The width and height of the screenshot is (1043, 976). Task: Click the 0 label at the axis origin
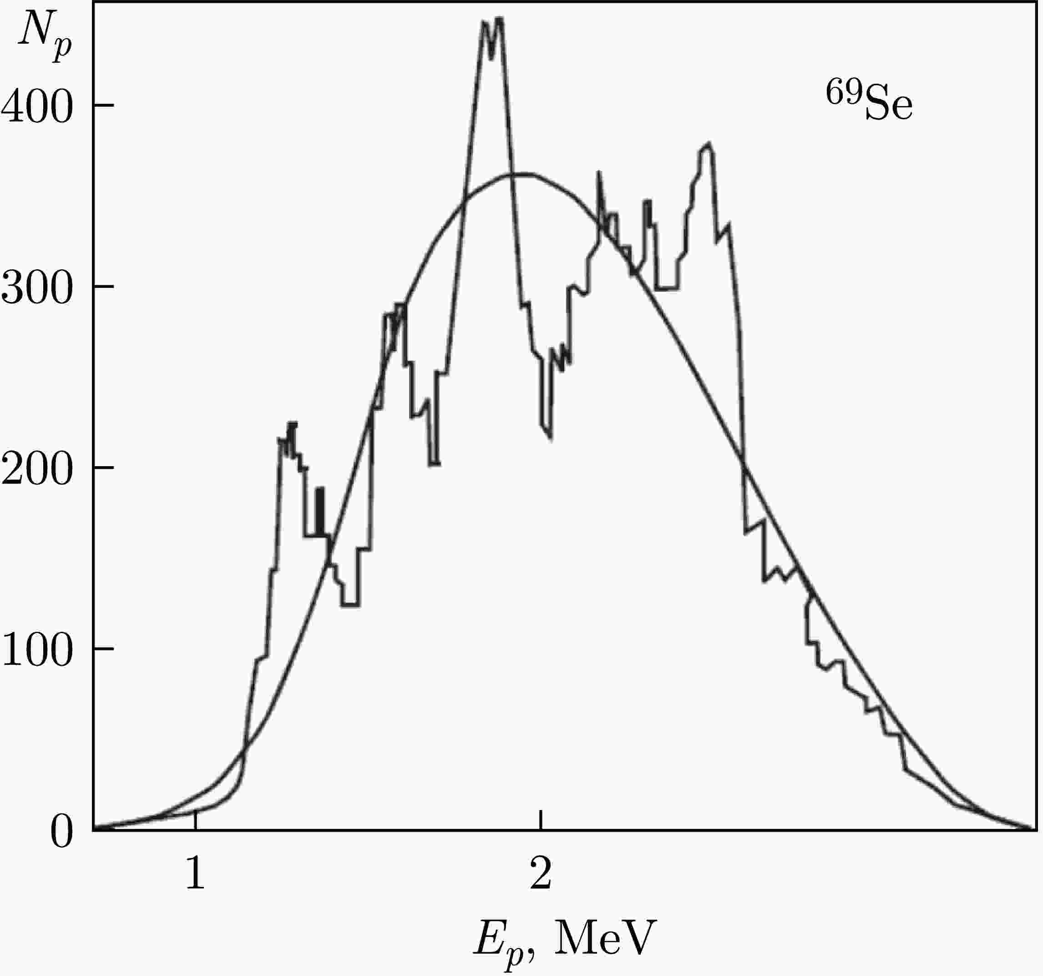pyautogui.click(x=61, y=833)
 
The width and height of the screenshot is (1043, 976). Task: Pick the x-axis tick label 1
pyautogui.click(x=195, y=873)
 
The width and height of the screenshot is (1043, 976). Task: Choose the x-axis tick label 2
pyautogui.click(x=541, y=873)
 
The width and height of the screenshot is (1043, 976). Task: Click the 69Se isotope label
pyautogui.click(x=869, y=102)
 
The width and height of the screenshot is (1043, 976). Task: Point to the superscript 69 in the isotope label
pyautogui.click(x=844, y=92)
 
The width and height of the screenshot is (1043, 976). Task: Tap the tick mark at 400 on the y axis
pyautogui.click(x=103, y=106)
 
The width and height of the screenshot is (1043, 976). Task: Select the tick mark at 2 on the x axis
pyautogui.click(x=541, y=821)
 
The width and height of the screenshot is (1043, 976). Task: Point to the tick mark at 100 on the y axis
pyautogui.click(x=103, y=649)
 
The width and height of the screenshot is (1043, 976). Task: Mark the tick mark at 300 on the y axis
pyautogui.click(x=103, y=287)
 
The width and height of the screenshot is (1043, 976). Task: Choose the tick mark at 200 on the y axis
pyautogui.click(x=103, y=467)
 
